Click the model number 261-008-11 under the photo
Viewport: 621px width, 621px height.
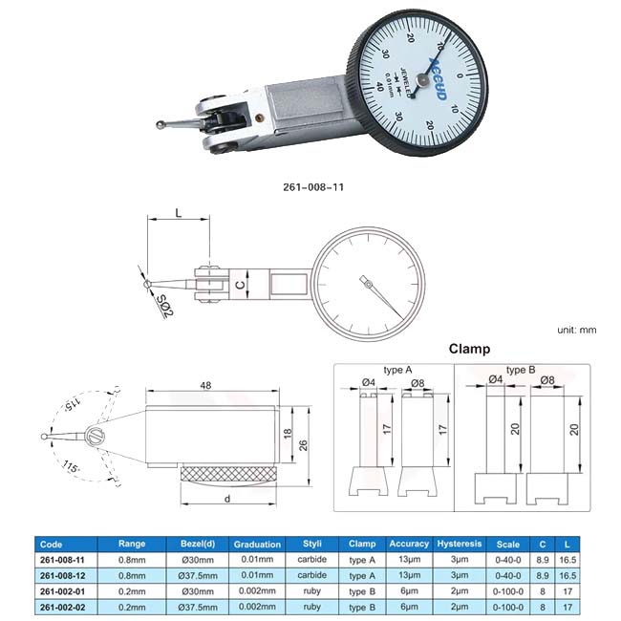[313, 187]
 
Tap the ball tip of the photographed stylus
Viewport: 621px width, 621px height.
[161, 125]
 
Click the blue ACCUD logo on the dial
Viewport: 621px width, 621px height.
[439, 79]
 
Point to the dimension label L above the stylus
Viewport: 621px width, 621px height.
[179, 213]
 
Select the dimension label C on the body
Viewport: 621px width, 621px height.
[240, 284]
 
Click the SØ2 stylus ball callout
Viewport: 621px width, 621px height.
[164, 306]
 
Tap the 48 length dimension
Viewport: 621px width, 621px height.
[206, 385]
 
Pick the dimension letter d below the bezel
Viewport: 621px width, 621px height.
[227, 499]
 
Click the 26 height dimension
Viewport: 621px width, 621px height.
[303, 445]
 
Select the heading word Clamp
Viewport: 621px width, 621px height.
[469, 349]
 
